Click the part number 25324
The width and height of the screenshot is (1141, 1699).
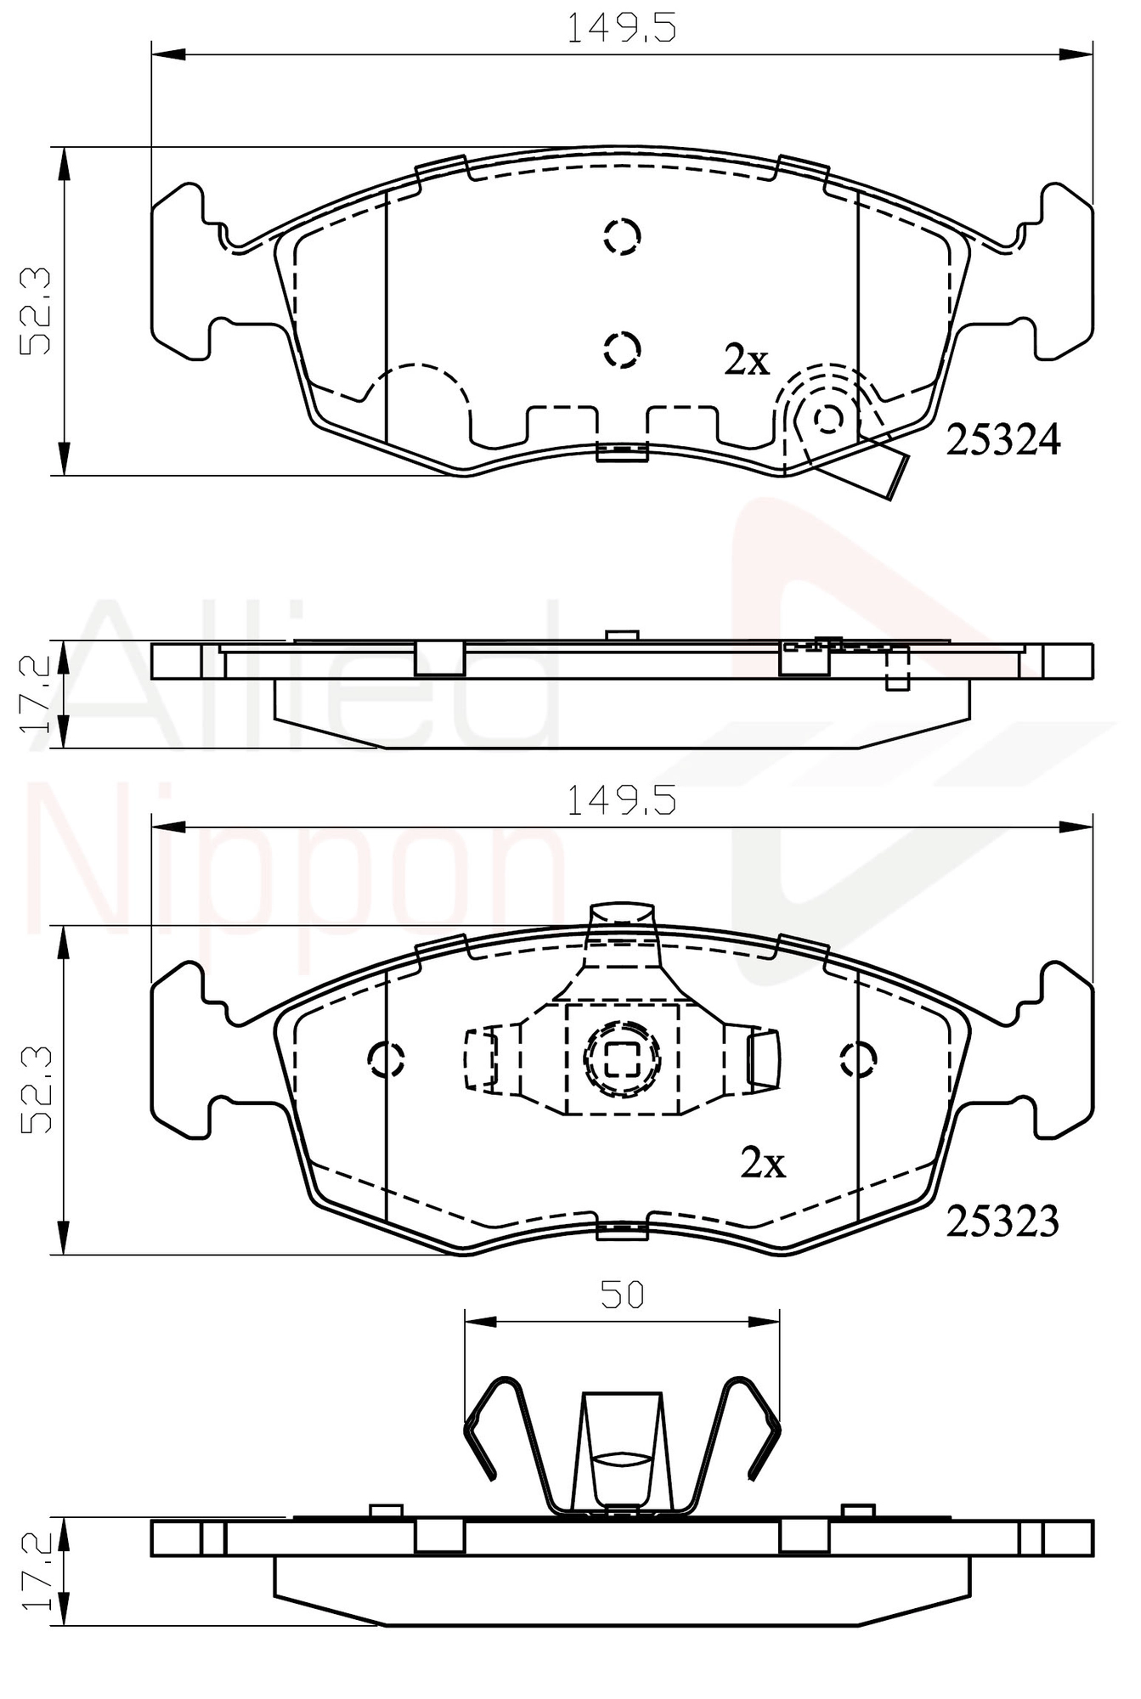pyautogui.click(x=1003, y=440)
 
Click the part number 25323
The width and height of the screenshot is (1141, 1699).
pyautogui.click(x=1003, y=1222)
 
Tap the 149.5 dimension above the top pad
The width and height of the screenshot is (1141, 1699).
pyautogui.click(x=621, y=29)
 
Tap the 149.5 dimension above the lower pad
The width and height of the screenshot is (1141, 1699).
pyautogui.click(x=621, y=800)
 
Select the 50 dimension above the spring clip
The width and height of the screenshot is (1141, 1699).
pyautogui.click(x=623, y=1294)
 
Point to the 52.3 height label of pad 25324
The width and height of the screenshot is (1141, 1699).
pyautogui.click(x=37, y=311)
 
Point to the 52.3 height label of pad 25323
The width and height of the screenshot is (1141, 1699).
pyautogui.click(x=37, y=1090)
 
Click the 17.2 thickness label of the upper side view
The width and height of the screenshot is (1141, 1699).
pyautogui.click(x=37, y=695)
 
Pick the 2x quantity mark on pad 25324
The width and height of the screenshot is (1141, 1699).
pyautogui.click(x=747, y=361)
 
